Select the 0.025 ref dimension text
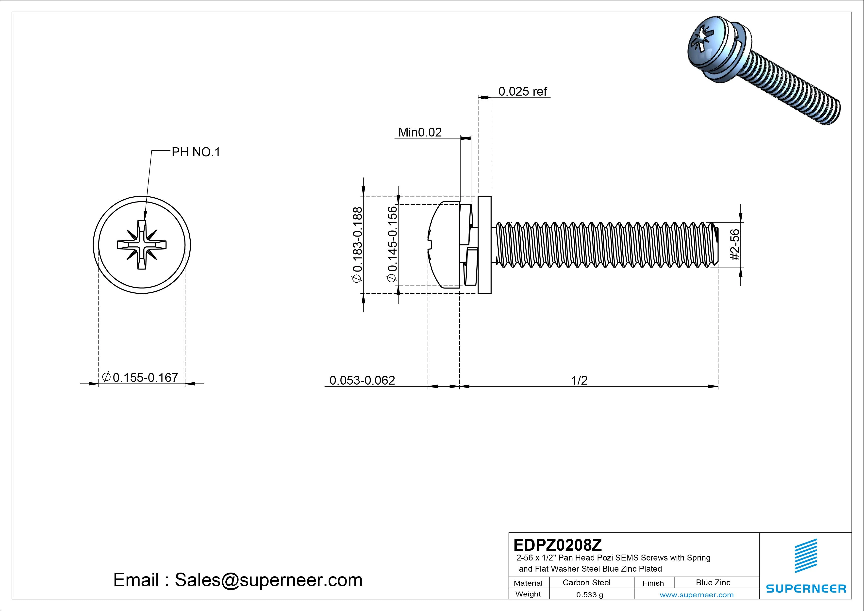[x=522, y=91]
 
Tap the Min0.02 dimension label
[x=420, y=133]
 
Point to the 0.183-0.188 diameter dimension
[x=357, y=245]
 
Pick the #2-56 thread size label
[x=734, y=245]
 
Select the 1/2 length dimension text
[x=579, y=381]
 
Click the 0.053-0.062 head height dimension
[x=362, y=381]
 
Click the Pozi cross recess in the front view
[x=142, y=245]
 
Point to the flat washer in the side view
[x=484, y=245]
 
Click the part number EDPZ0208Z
[x=557, y=545]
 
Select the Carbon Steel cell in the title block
[x=586, y=583]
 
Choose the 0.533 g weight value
[x=590, y=595]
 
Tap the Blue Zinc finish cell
[x=713, y=583]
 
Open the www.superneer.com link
[x=697, y=595]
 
